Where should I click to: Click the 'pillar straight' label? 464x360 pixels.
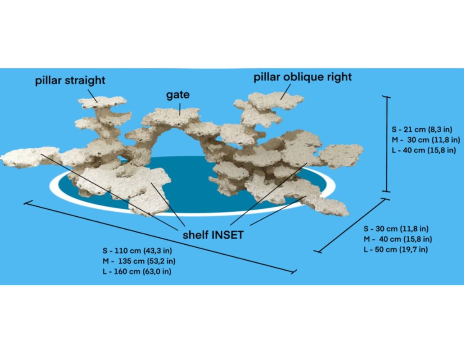tap(70, 80)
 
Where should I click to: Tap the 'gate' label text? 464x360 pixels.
tap(178, 95)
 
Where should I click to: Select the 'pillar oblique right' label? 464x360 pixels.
tap(303, 77)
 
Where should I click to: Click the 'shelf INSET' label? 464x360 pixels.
tap(213, 235)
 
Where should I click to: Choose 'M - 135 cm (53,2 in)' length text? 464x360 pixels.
tap(139, 261)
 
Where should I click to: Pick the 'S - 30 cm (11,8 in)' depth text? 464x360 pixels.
tap(395, 229)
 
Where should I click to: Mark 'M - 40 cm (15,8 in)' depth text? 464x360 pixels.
tap(398, 239)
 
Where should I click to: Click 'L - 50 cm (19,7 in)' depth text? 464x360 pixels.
tap(395, 250)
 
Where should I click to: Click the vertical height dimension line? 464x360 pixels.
tap(387, 144)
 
